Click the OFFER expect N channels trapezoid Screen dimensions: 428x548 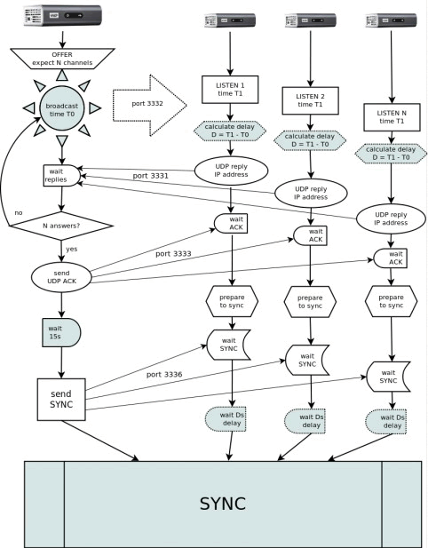click(62, 59)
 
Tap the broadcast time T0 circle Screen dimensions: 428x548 click(62, 110)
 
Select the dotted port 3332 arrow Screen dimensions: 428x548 click(149, 105)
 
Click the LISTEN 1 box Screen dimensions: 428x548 click(230, 90)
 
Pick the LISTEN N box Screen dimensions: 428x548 click(392, 117)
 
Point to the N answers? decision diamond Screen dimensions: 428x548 click(61, 226)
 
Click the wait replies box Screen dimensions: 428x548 click(61, 176)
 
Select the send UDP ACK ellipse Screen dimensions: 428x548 click(61, 277)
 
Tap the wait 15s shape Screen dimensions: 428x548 click(61, 332)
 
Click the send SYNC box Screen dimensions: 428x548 click(61, 399)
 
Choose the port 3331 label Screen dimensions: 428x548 click(150, 176)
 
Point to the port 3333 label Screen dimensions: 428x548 click(173, 254)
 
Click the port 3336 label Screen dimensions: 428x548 click(164, 375)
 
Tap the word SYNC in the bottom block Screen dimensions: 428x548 click(223, 504)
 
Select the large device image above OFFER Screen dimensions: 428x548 click(62, 15)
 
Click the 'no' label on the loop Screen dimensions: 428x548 click(19, 213)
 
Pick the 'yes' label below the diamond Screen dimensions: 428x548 click(72, 249)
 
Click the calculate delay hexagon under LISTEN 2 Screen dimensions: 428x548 click(310, 140)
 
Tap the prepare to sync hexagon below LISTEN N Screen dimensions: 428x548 click(391, 301)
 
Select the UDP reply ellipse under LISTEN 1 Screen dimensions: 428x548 click(231, 171)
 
